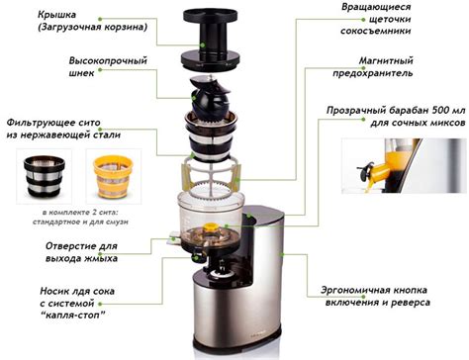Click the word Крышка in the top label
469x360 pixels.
click(56, 15)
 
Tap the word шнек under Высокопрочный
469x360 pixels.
click(81, 73)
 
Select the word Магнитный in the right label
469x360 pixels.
click(386, 61)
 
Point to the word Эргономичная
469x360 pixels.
click(355, 291)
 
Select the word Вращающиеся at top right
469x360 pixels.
click(376, 7)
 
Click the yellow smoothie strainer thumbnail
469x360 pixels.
click(113, 176)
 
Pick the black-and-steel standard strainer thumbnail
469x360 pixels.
click(44, 176)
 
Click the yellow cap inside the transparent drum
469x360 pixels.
click(210, 226)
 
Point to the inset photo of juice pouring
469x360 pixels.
click(404, 166)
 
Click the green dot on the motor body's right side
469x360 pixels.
click(282, 254)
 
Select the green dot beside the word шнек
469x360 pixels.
click(100, 70)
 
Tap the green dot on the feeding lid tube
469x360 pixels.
click(203, 45)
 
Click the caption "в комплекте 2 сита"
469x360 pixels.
click(80, 212)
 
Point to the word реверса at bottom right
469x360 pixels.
click(413, 303)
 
